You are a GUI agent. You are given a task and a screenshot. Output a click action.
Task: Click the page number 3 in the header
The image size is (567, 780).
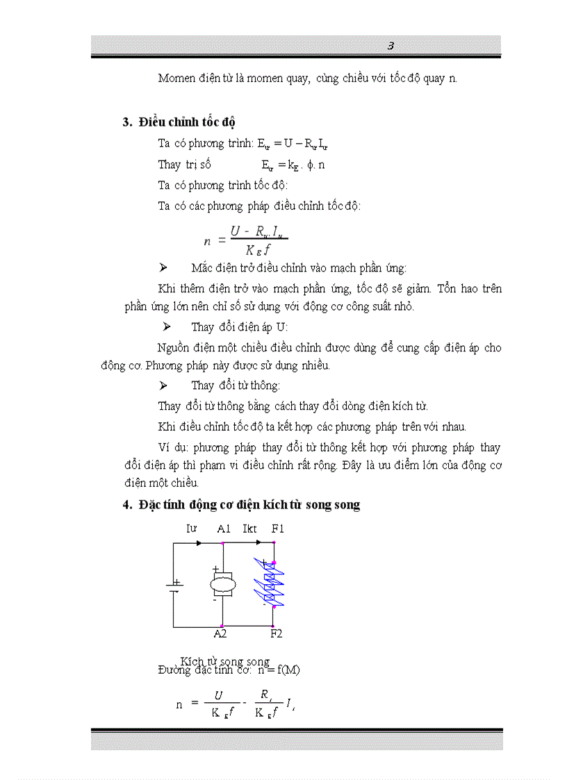[391, 46]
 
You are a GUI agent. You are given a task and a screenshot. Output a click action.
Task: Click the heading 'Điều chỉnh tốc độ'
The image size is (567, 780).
[187, 123]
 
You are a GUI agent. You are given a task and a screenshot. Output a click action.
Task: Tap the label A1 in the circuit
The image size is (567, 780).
[224, 529]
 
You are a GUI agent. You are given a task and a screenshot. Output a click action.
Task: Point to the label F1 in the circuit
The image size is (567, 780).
[278, 529]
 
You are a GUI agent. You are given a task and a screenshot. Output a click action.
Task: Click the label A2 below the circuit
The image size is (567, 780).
[220, 633]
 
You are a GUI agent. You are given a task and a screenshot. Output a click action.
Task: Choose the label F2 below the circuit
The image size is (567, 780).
[277, 633]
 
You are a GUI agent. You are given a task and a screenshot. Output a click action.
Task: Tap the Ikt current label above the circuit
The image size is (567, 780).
[250, 529]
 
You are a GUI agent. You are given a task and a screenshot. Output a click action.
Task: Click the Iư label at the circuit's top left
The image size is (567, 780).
[191, 529]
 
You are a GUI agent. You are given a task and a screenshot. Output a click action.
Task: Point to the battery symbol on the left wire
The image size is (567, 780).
[174, 586]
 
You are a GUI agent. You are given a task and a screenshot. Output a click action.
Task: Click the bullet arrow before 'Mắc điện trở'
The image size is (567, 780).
[163, 268]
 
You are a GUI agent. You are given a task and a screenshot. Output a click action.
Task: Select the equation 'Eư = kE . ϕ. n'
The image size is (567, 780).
[293, 165]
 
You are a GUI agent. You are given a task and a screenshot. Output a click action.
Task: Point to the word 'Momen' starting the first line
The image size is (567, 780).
[176, 78]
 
